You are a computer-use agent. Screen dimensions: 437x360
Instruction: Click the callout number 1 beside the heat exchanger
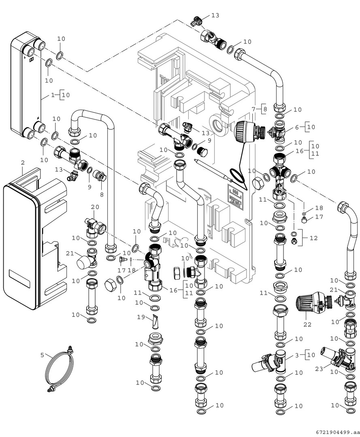(53, 95)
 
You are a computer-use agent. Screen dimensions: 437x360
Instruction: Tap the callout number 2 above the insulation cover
(23, 163)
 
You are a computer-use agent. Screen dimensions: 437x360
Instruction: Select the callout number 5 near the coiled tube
(42, 356)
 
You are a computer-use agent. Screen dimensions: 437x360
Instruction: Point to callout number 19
(141, 318)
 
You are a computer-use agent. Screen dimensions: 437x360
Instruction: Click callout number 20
(95, 207)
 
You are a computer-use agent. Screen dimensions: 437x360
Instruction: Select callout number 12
(313, 238)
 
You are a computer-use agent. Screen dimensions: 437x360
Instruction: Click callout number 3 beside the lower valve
(296, 355)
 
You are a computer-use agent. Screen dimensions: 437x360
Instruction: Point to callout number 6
(296, 127)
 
